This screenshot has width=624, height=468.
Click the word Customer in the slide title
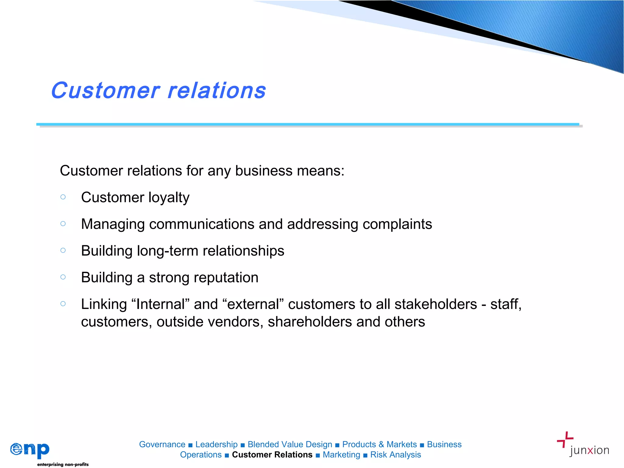pyautogui.click(x=105, y=91)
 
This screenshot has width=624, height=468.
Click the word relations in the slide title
pyautogui.click(x=217, y=91)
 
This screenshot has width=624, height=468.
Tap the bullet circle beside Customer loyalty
pyautogui.click(x=63, y=197)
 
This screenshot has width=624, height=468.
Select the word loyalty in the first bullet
pyautogui.click(x=169, y=198)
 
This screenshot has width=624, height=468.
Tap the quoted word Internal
pyautogui.click(x=161, y=304)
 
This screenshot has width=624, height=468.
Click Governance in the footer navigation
pyautogui.click(x=162, y=444)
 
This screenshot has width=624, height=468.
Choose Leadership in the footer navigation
pyautogui.click(x=216, y=444)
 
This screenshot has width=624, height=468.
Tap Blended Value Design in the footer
pyautogui.click(x=290, y=444)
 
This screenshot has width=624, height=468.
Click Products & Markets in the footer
pyautogui.click(x=379, y=444)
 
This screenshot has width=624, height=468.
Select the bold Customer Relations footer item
pyautogui.click(x=272, y=455)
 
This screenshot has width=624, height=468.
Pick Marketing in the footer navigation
pyautogui.click(x=341, y=455)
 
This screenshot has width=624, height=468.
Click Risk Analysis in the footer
pyautogui.click(x=395, y=455)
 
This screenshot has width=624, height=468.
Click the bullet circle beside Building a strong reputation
pyautogui.click(x=63, y=277)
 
